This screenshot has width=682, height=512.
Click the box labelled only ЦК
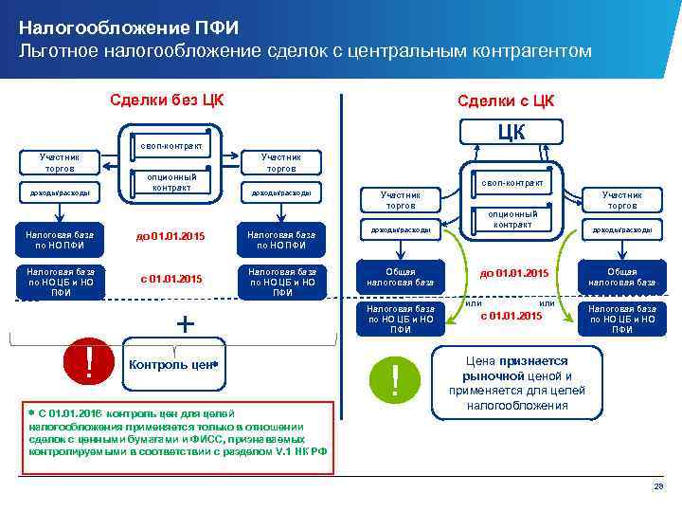tap(511, 131)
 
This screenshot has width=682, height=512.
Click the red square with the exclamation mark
tap(88, 361)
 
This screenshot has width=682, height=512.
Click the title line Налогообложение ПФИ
tap(105, 27)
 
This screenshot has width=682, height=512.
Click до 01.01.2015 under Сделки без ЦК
tap(170, 236)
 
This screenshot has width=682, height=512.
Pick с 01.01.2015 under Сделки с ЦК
tap(511, 316)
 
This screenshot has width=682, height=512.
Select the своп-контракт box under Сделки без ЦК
tap(170, 146)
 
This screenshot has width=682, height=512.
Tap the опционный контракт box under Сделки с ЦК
tap(512, 219)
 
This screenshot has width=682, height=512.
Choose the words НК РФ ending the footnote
tap(312, 452)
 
